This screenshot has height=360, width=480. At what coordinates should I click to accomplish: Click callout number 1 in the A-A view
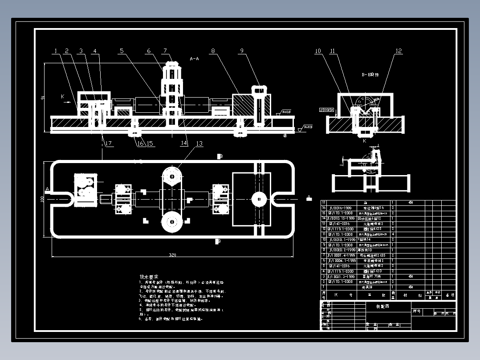coord(55,51)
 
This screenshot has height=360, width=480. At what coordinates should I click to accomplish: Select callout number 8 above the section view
coord(213,51)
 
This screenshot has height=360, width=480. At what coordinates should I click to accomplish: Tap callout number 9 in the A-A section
coord(242,51)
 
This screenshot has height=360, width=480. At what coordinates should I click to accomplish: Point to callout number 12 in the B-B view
coord(399,51)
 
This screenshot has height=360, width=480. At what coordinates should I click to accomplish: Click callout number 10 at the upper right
coord(318,51)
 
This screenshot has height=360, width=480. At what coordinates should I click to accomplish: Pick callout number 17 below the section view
coord(108,143)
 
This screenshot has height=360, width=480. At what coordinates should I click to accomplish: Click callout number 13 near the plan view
coord(199,143)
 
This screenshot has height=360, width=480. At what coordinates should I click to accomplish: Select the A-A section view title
coord(194,59)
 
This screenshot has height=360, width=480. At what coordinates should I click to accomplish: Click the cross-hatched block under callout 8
coord(244,105)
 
